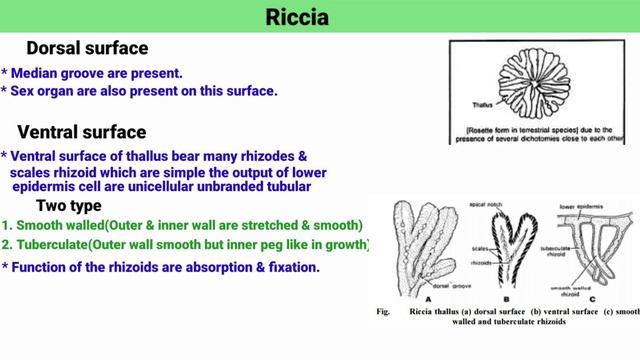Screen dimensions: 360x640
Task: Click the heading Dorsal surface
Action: click(87, 48)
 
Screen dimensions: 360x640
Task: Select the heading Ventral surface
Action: click(82, 132)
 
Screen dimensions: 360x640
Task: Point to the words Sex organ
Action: click(49, 91)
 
